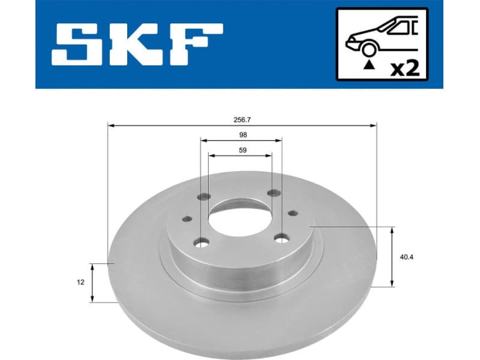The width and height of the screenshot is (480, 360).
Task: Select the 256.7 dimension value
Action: coord(242,119)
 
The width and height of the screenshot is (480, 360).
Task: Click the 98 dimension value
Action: coord(242,135)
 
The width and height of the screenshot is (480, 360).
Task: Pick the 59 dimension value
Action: coord(242,150)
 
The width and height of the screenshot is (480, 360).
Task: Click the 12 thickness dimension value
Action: coord(80,281)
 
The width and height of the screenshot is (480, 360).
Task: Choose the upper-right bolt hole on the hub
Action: coord(274,193)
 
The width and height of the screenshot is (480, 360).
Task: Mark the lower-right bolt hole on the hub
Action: coord(281,239)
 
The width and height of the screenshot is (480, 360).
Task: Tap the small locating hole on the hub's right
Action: coord(292,212)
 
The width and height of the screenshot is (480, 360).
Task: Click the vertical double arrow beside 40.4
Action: coord(392,256)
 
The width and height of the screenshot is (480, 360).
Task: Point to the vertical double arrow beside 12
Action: coord(92,281)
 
